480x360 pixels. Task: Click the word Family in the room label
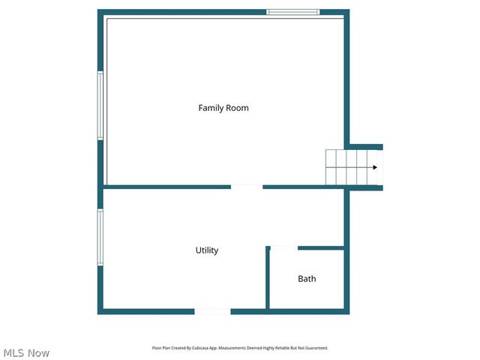(211, 108)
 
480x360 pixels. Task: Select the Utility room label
(207, 250)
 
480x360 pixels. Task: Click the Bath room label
(307, 279)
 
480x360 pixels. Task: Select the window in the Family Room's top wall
(293, 12)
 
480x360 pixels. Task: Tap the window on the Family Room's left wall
(100, 106)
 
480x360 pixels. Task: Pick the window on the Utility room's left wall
(100, 237)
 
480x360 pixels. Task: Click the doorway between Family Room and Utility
(247, 187)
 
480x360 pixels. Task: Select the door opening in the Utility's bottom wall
(212, 311)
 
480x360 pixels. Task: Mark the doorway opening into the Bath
(283, 247)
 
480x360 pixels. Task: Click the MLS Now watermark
(26, 352)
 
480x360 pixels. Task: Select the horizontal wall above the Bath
(321, 247)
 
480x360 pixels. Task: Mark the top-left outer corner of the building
(99, 11)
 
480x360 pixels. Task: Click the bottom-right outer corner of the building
(348, 312)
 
